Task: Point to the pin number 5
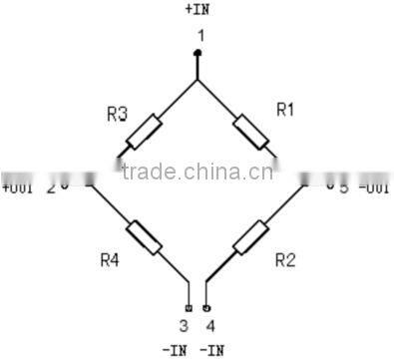click(342, 187)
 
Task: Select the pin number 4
click(209, 325)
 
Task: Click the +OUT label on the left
click(19, 187)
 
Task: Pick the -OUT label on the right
click(374, 187)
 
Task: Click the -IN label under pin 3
click(175, 349)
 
